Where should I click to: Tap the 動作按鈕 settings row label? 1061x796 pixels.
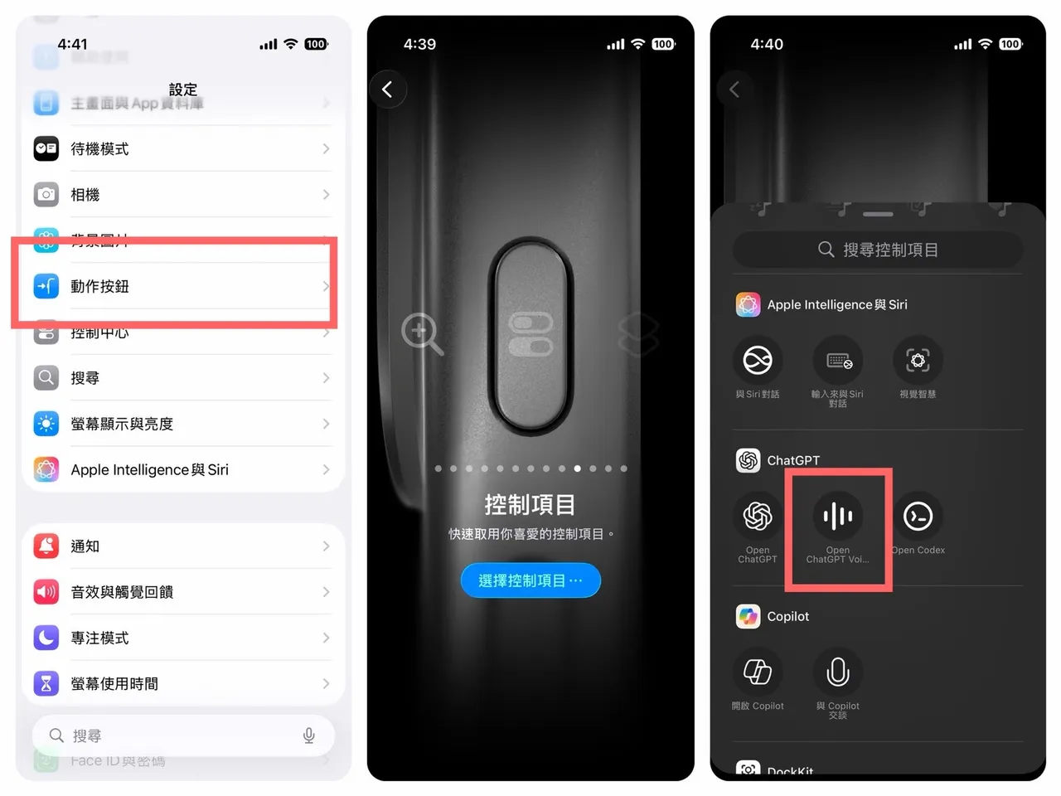pos(99,287)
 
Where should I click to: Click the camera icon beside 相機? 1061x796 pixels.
pos(46,195)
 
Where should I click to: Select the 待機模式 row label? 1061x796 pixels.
pos(99,149)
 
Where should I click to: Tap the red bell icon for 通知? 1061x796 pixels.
pos(46,546)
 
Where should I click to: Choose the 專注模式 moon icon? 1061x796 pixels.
pos(46,638)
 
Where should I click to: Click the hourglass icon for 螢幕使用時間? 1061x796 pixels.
pos(46,684)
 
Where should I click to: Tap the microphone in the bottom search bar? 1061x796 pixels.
pos(309,735)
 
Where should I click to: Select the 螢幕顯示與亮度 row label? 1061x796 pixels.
pos(122,424)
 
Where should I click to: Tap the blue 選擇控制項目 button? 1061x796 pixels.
pos(530,580)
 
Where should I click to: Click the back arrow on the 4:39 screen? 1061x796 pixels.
pos(387,90)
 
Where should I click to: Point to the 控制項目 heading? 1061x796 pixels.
pos(530,504)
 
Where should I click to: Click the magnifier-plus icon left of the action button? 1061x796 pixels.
pos(421,333)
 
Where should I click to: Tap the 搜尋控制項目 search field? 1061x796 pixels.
pos(878,250)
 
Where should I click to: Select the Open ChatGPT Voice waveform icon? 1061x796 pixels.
pos(838,516)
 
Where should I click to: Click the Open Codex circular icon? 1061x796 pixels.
pos(918,516)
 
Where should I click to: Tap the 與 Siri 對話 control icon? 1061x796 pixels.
pos(758,361)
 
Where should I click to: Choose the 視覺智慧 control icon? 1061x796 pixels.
pos(918,361)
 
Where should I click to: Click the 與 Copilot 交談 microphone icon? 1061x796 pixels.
pos(838,672)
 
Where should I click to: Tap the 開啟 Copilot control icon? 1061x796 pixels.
pos(758,672)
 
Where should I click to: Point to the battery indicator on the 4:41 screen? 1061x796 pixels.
pos(316,44)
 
